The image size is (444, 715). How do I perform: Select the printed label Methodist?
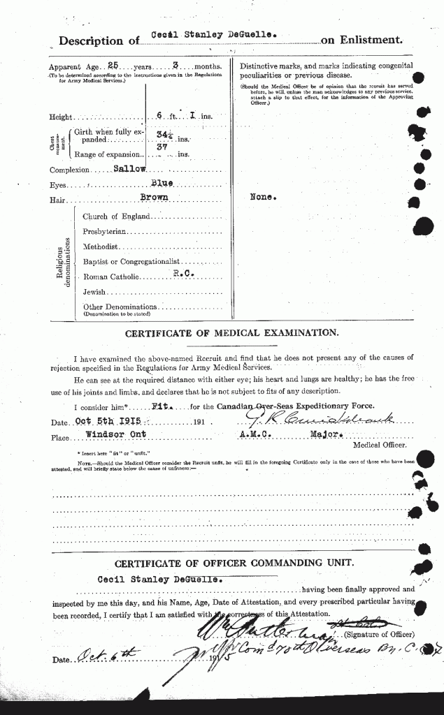pyautogui.click(x=101, y=246)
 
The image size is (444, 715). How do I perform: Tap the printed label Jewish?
pyautogui.click(x=94, y=292)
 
